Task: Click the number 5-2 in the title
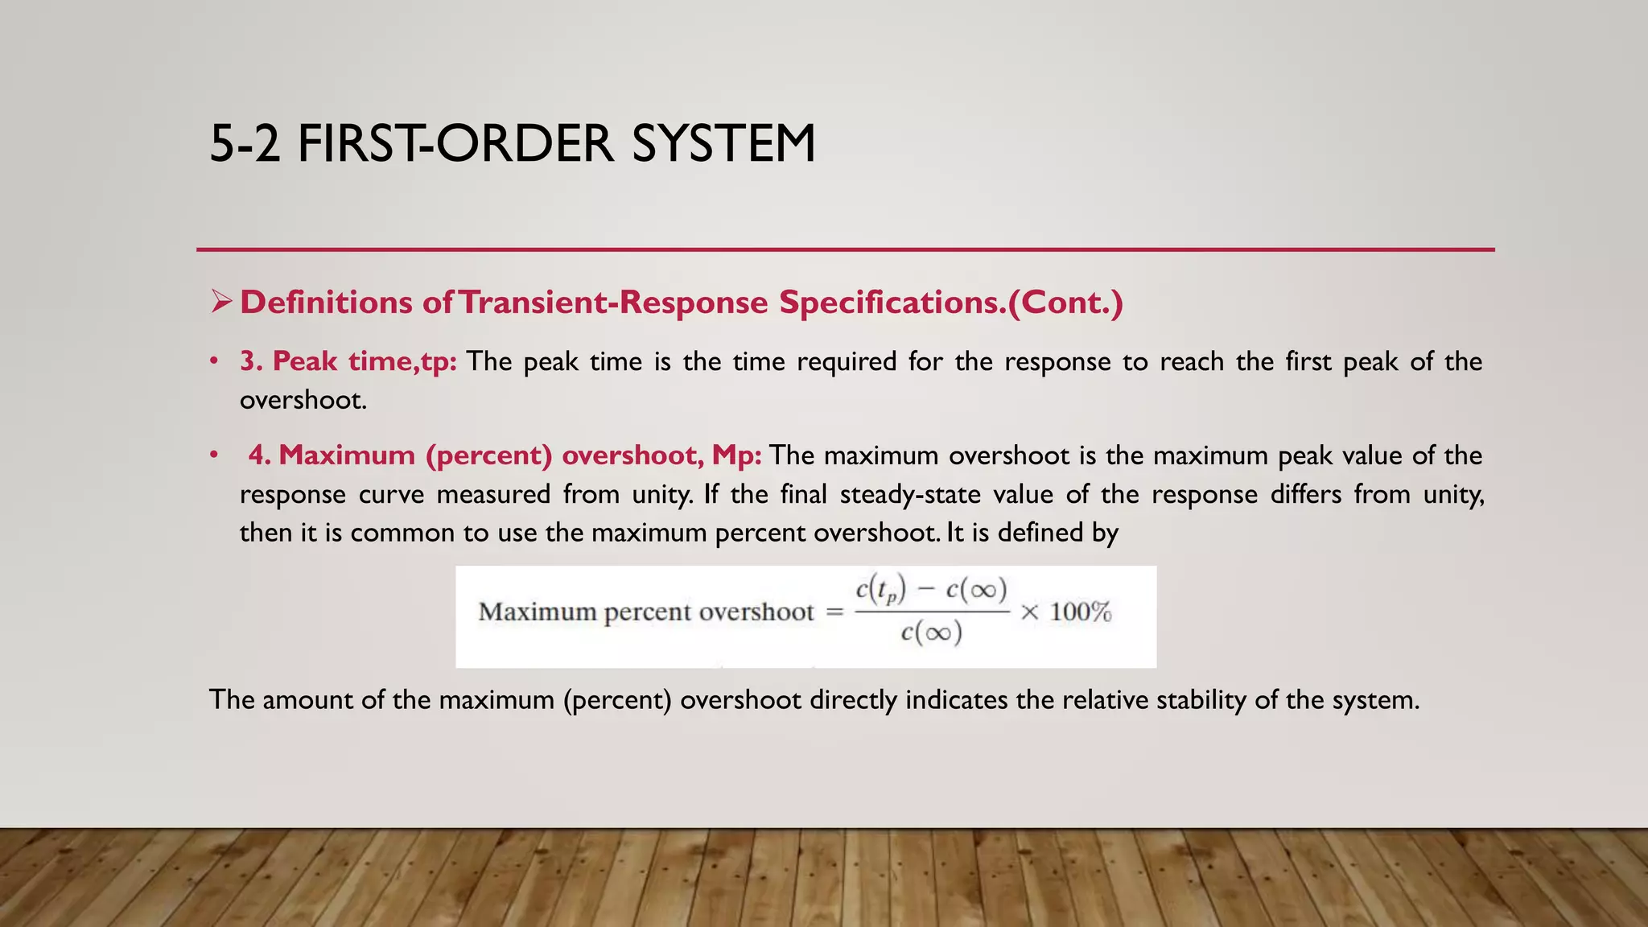tap(245, 145)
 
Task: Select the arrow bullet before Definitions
tap(221, 303)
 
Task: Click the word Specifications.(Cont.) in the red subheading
tap(950, 303)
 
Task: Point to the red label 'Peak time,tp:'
tap(364, 361)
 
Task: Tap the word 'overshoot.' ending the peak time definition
tap(303, 400)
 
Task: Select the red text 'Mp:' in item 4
tap(736, 455)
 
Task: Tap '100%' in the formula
tap(1080, 612)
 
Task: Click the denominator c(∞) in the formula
tap(931, 633)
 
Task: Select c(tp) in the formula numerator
tap(881, 591)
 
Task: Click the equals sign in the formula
tap(835, 613)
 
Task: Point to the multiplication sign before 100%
tap(1029, 613)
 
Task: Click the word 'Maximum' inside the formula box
tap(538, 612)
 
